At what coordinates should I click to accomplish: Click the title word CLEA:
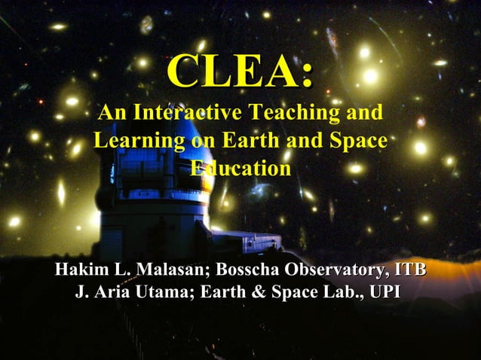pos(240,72)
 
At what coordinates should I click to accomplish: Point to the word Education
pos(240,168)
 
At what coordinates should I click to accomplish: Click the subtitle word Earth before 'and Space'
pos(244,141)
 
